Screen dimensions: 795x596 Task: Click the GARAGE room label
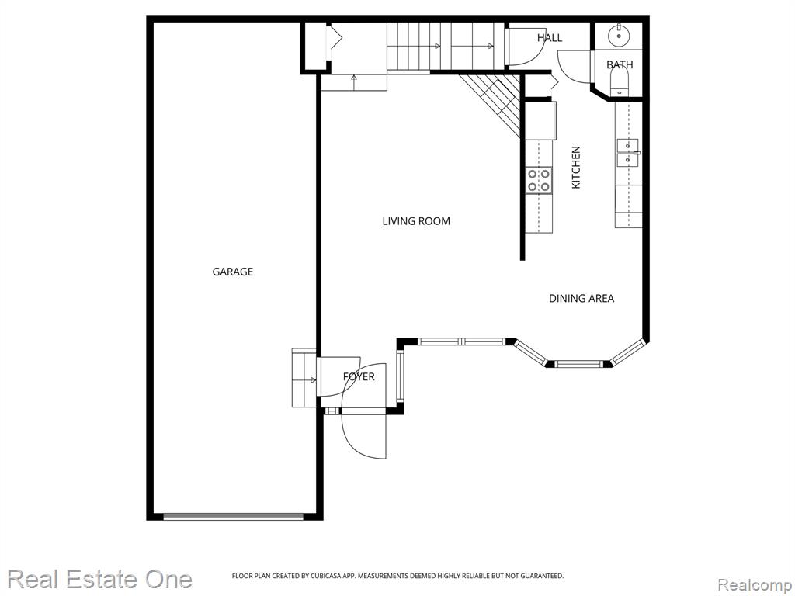(x=232, y=272)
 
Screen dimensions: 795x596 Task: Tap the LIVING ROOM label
(x=416, y=221)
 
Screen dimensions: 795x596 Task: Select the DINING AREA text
(x=581, y=299)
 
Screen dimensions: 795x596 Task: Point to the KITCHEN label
(x=576, y=168)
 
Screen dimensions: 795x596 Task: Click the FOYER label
(x=359, y=376)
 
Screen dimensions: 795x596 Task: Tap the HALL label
(x=550, y=37)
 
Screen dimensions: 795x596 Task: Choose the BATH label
(x=620, y=64)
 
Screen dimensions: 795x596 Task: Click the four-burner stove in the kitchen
(x=539, y=180)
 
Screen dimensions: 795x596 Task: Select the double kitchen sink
(x=627, y=153)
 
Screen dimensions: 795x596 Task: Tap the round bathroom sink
(x=619, y=36)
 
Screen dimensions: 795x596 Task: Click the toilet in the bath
(x=619, y=81)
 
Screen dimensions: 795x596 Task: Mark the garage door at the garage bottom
(x=233, y=516)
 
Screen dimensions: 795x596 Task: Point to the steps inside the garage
(x=304, y=378)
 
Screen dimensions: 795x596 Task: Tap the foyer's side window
(x=401, y=377)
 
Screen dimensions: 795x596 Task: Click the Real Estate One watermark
(x=100, y=579)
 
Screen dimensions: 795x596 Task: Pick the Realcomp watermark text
(x=755, y=585)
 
